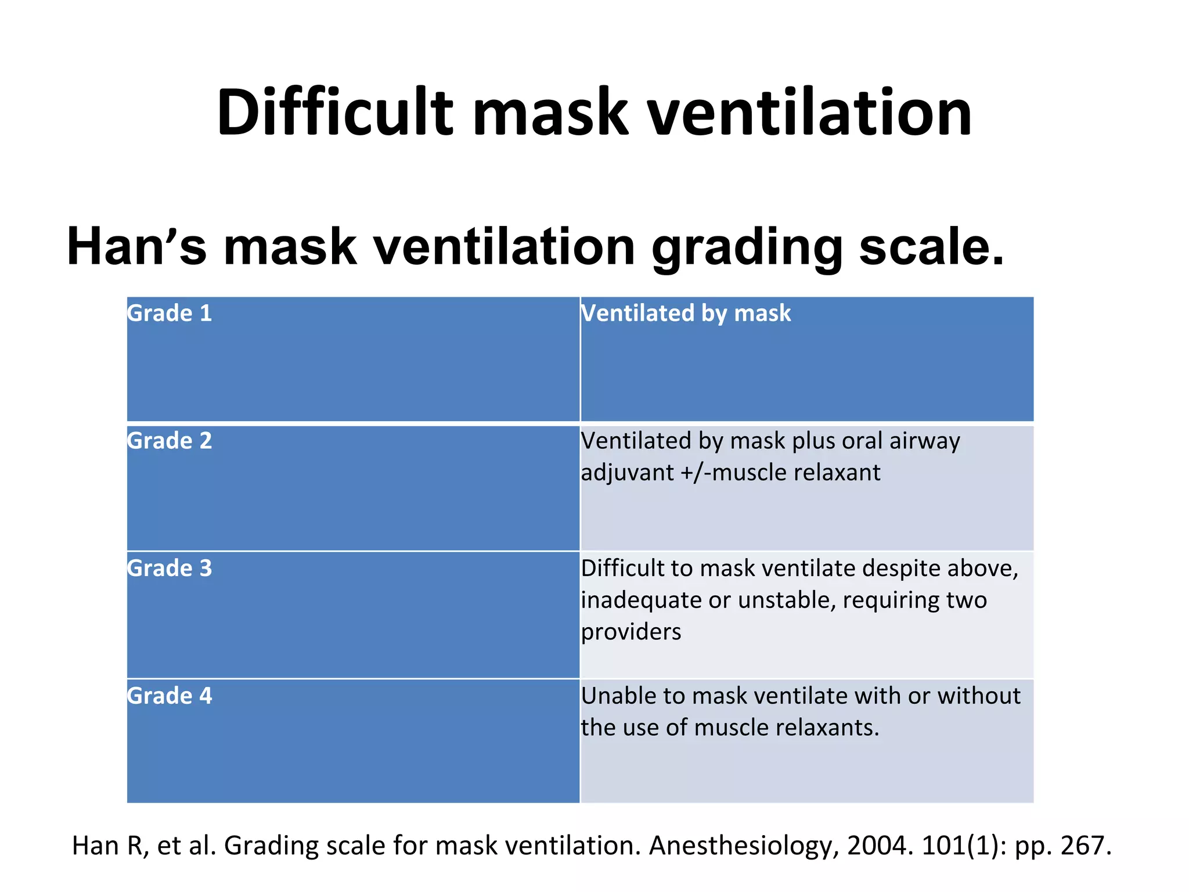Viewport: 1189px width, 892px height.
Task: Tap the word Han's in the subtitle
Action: (x=136, y=246)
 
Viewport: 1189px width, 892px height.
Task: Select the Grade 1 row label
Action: (x=170, y=314)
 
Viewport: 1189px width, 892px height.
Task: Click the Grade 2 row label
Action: (x=170, y=441)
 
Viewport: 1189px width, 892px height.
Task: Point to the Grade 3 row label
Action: (x=170, y=569)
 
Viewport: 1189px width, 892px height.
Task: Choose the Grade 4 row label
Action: (x=170, y=696)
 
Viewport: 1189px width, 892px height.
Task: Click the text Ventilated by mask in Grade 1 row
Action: (x=686, y=314)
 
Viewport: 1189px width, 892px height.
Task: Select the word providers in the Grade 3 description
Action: (x=631, y=632)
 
